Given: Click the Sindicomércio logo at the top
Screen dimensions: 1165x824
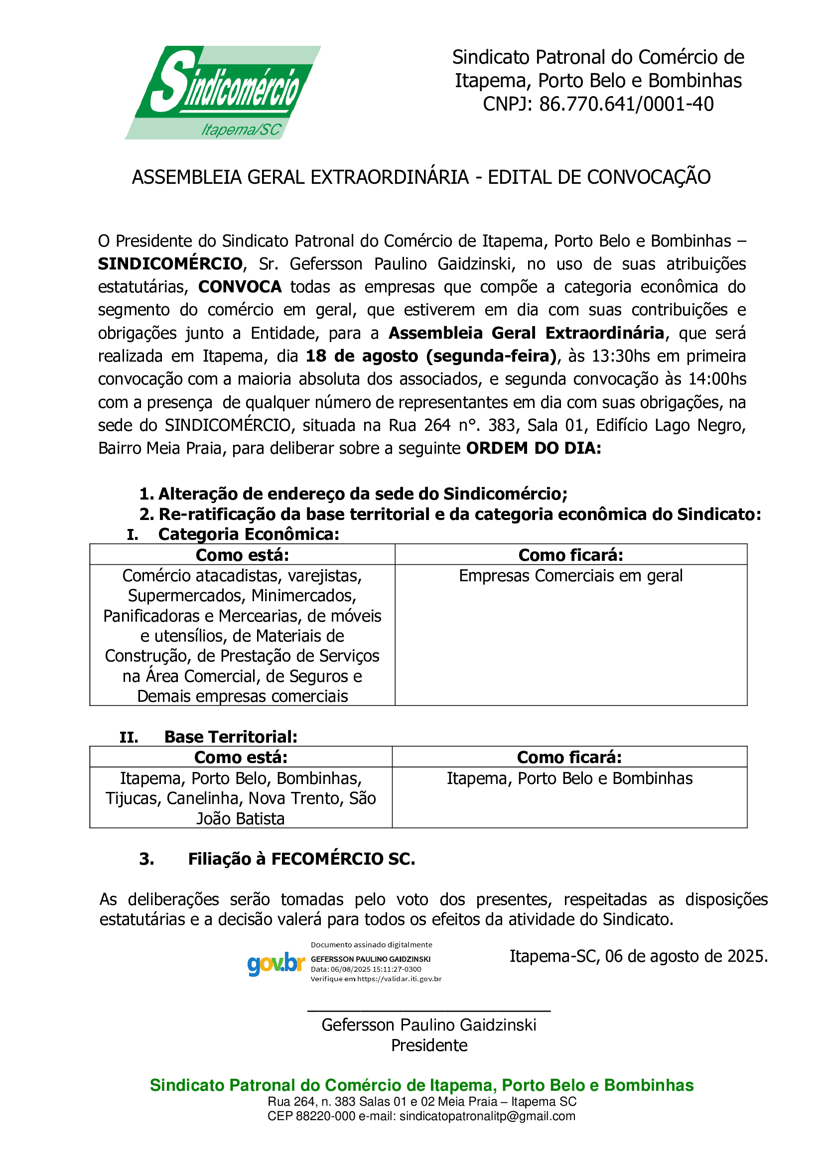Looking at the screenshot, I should click(x=223, y=92).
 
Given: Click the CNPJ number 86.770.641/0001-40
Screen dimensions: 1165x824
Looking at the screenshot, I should click(x=626, y=104).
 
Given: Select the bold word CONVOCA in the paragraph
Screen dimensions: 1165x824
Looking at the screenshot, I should click(x=240, y=287).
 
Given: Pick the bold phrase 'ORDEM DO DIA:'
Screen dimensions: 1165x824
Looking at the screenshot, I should click(x=533, y=448).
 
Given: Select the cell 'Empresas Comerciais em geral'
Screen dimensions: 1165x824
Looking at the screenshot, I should click(x=570, y=576).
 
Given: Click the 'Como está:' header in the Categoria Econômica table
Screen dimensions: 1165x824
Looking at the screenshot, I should click(x=242, y=555).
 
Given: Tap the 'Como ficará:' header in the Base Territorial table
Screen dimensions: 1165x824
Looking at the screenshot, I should click(x=569, y=757).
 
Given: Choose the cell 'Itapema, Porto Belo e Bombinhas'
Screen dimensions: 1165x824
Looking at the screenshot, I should click(x=569, y=778).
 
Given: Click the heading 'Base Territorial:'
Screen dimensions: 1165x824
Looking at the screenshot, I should click(x=231, y=737).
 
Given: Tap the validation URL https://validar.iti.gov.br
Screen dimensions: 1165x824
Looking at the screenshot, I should click(x=399, y=979).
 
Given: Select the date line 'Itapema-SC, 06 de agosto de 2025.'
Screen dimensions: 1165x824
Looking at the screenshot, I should click(x=638, y=956).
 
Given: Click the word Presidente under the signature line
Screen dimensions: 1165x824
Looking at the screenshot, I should click(x=429, y=1045).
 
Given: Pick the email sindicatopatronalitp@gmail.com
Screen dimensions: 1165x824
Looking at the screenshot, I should click(x=487, y=1116).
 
